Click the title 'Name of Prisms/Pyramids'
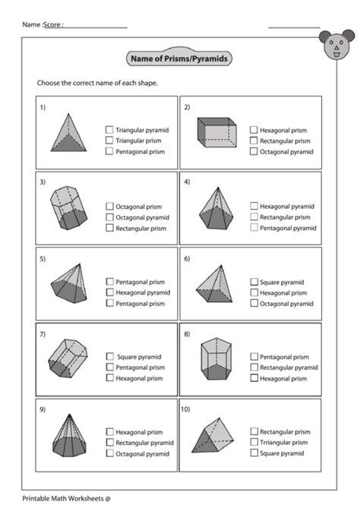[180, 58]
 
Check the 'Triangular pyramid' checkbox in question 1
[109, 130]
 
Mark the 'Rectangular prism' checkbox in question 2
[254, 140]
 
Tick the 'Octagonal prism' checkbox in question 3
[109, 206]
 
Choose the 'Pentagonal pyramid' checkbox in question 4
[254, 227]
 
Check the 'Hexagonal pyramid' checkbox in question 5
[109, 292]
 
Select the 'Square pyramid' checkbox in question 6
[254, 282]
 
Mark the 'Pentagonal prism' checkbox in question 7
[109, 367]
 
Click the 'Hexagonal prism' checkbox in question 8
[254, 377]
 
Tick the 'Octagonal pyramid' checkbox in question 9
[109, 453]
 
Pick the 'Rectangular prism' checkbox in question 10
[254, 431]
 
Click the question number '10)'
[187, 409]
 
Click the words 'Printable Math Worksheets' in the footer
[62, 498]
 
